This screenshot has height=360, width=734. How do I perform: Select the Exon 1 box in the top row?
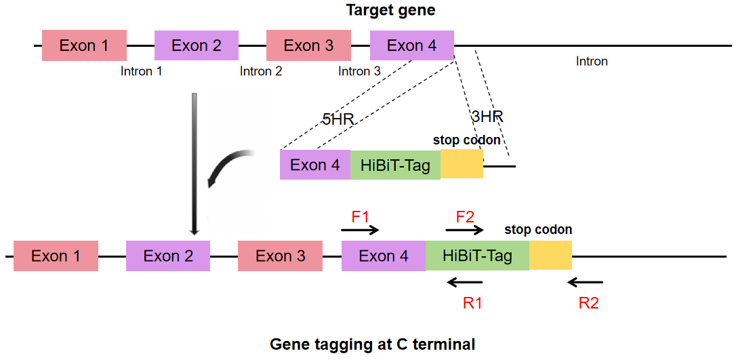click(84, 45)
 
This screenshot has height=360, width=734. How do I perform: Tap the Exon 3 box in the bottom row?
click(280, 256)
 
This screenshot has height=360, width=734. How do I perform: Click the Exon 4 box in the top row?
click(412, 45)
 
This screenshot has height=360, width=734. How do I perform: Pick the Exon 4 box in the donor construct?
click(315, 165)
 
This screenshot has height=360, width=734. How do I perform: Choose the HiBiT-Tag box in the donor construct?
click(396, 165)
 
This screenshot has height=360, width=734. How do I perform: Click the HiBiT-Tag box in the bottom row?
click(478, 256)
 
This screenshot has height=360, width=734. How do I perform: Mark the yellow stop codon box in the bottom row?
click(550, 256)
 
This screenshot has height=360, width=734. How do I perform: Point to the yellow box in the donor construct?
click(462, 164)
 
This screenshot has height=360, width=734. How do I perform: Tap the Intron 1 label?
click(142, 72)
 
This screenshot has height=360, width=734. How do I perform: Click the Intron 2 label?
click(261, 72)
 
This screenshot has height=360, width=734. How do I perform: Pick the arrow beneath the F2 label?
click(465, 230)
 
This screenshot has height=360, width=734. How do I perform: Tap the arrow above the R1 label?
click(465, 282)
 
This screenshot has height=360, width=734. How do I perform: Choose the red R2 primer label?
click(588, 303)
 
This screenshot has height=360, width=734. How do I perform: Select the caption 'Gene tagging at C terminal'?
click(373, 345)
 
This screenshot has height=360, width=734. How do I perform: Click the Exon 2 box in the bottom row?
click(168, 256)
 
